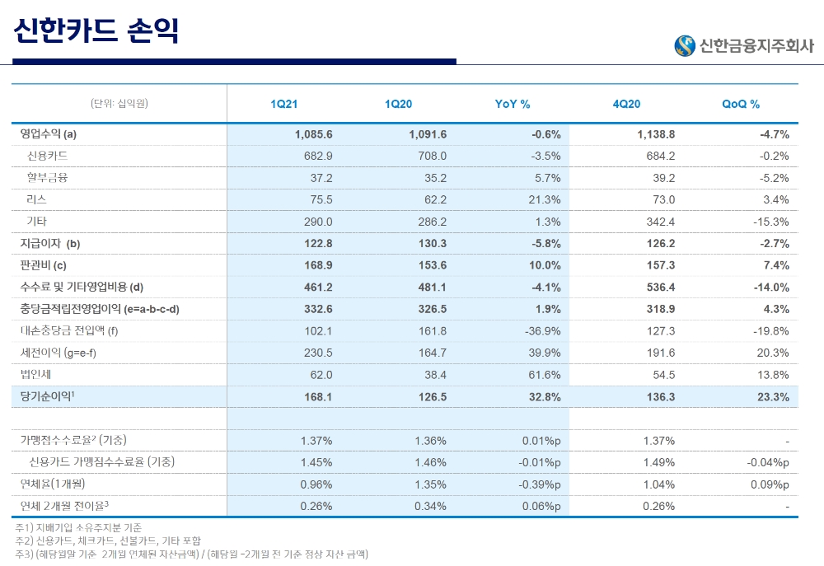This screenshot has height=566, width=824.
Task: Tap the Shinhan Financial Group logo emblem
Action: tap(684, 46)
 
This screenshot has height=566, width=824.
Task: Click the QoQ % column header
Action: tap(741, 105)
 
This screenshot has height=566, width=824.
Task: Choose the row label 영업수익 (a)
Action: tap(49, 134)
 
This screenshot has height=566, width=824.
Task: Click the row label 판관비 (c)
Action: tap(43, 265)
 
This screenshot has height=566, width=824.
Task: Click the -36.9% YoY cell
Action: tap(542, 331)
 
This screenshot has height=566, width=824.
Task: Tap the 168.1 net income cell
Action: tap(318, 397)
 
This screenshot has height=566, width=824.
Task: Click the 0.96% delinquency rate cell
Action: tap(316, 484)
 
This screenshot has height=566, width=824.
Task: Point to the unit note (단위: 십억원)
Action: tap(119, 104)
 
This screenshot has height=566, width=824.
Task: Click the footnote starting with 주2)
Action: tap(108, 540)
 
